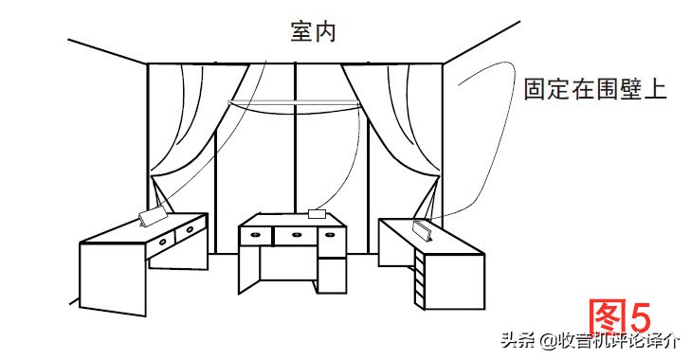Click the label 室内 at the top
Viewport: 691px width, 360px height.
click(312, 31)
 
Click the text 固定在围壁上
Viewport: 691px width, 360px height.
click(595, 91)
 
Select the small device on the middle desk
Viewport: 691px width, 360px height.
click(318, 213)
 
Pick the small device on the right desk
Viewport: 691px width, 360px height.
click(424, 230)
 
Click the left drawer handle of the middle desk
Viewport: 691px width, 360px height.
click(256, 234)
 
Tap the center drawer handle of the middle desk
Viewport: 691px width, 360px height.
click(297, 234)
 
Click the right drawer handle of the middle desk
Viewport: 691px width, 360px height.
click(334, 234)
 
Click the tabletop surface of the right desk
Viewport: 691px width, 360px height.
click(436, 237)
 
